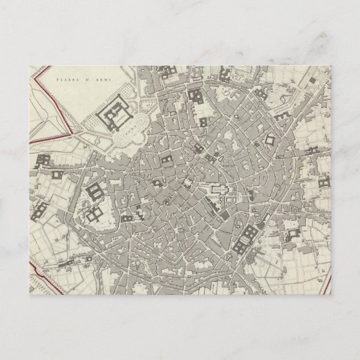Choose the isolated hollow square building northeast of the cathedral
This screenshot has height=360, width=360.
tap(270, 141)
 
